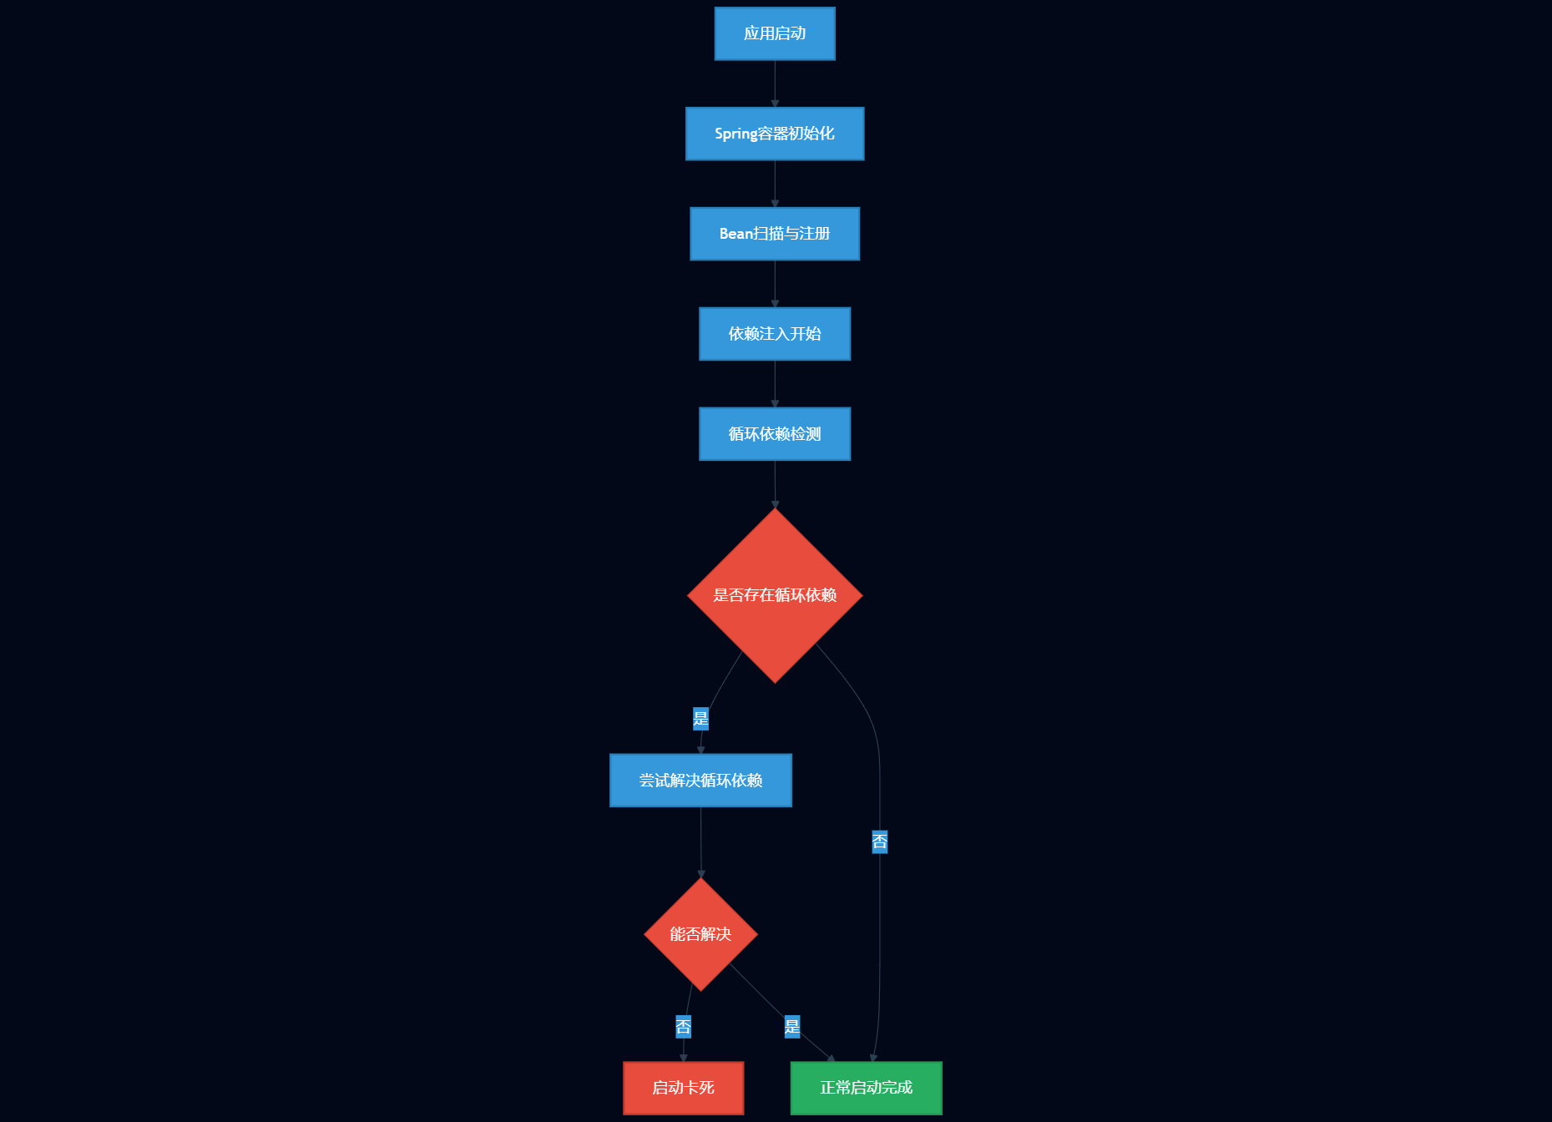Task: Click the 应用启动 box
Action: pos(775,33)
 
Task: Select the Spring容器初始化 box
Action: pos(775,134)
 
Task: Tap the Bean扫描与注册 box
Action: pos(775,234)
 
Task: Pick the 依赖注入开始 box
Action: pos(775,334)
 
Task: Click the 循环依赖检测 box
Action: pos(775,434)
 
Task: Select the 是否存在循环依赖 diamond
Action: pos(775,595)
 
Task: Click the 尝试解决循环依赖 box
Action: pos(700,781)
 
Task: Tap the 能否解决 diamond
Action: pos(700,934)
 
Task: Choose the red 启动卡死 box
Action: pos(684,1088)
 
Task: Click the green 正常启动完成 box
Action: pos(867,1088)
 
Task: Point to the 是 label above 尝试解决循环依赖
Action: pos(700,719)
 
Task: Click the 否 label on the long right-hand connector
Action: pos(880,841)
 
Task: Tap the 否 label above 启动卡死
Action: pos(684,1027)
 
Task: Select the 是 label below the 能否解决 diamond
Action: pos(792,1027)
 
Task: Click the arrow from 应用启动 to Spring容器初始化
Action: pos(775,83)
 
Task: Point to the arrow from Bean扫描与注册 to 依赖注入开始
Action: pos(775,284)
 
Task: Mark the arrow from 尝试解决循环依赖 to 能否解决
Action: pos(701,842)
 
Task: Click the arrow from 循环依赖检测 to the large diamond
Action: pos(775,484)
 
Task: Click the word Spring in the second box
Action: pos(736,134)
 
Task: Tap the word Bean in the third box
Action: pos(736,234)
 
